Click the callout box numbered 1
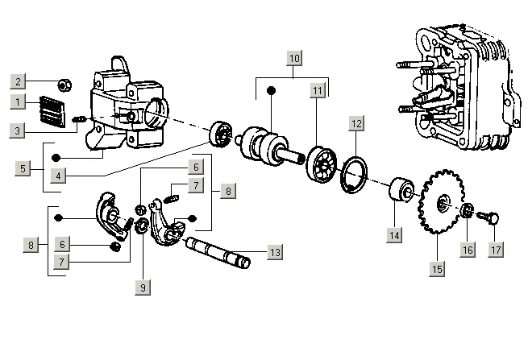17,101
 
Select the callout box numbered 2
17,81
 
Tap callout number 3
17,129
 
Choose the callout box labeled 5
23,168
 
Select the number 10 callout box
293,58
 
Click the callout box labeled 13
274,252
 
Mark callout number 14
393,234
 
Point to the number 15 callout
437,269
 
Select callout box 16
468,249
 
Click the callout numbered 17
497,249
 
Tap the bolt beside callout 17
490,216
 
